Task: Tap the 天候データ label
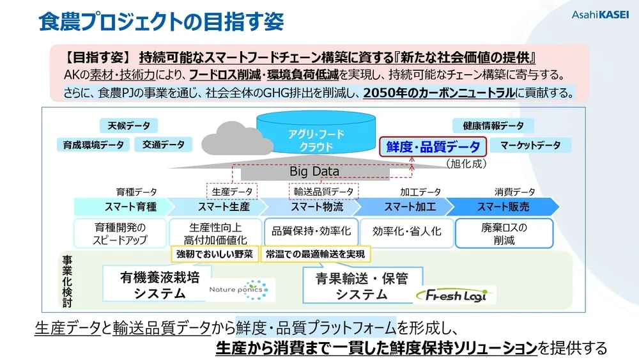[128, 126]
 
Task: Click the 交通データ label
[163, 145]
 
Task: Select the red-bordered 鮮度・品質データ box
[433, 146]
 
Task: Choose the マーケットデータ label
[530, 145]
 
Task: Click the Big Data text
[314, 171]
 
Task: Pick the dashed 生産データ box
[231, 191]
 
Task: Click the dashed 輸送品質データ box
[323, 191]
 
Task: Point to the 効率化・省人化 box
[406, 231]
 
